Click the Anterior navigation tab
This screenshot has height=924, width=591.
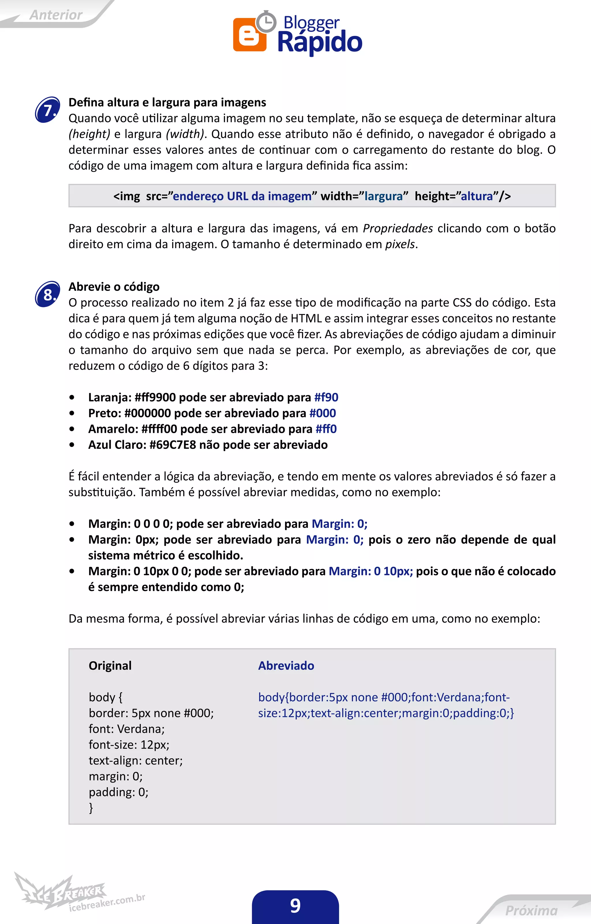56,15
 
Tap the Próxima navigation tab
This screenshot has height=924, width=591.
531,910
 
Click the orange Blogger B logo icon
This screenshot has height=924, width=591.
249,35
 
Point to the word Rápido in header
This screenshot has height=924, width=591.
320,42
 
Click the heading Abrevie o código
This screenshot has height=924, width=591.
114,287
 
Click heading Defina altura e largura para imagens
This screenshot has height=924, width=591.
167,102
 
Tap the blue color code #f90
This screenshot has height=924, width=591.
326,397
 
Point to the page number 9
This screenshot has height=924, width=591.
295,906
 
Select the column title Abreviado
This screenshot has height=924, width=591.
286,665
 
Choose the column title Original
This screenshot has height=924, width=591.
110,665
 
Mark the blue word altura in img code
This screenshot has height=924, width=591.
477,196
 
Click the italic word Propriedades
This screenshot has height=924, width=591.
398,228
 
